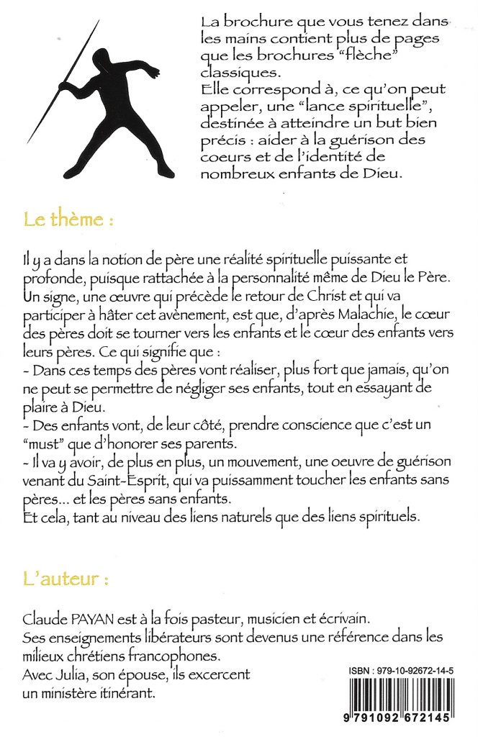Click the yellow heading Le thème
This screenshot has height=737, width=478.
pos(69,220)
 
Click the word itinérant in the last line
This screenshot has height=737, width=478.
pos(127,694)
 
